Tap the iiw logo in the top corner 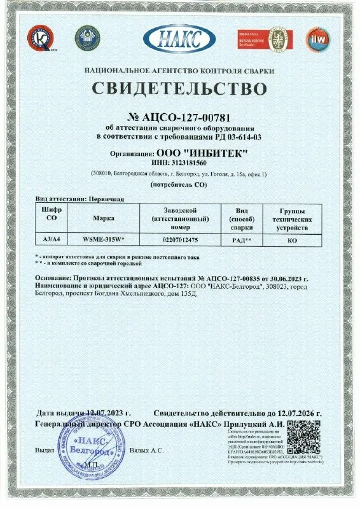pos(317,39)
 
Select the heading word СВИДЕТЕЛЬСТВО pos(179,87)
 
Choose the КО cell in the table pos(293,241)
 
